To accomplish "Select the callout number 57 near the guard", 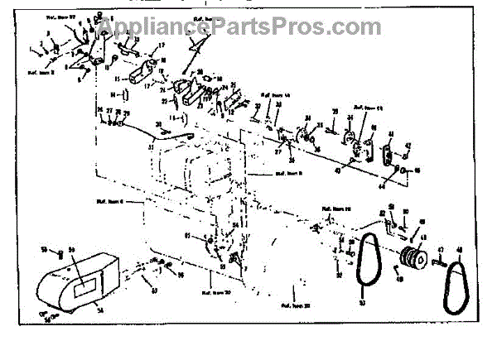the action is pos(155,289).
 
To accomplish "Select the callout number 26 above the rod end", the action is pos(99,110).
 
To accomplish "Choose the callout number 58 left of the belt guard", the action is pos(44,249).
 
